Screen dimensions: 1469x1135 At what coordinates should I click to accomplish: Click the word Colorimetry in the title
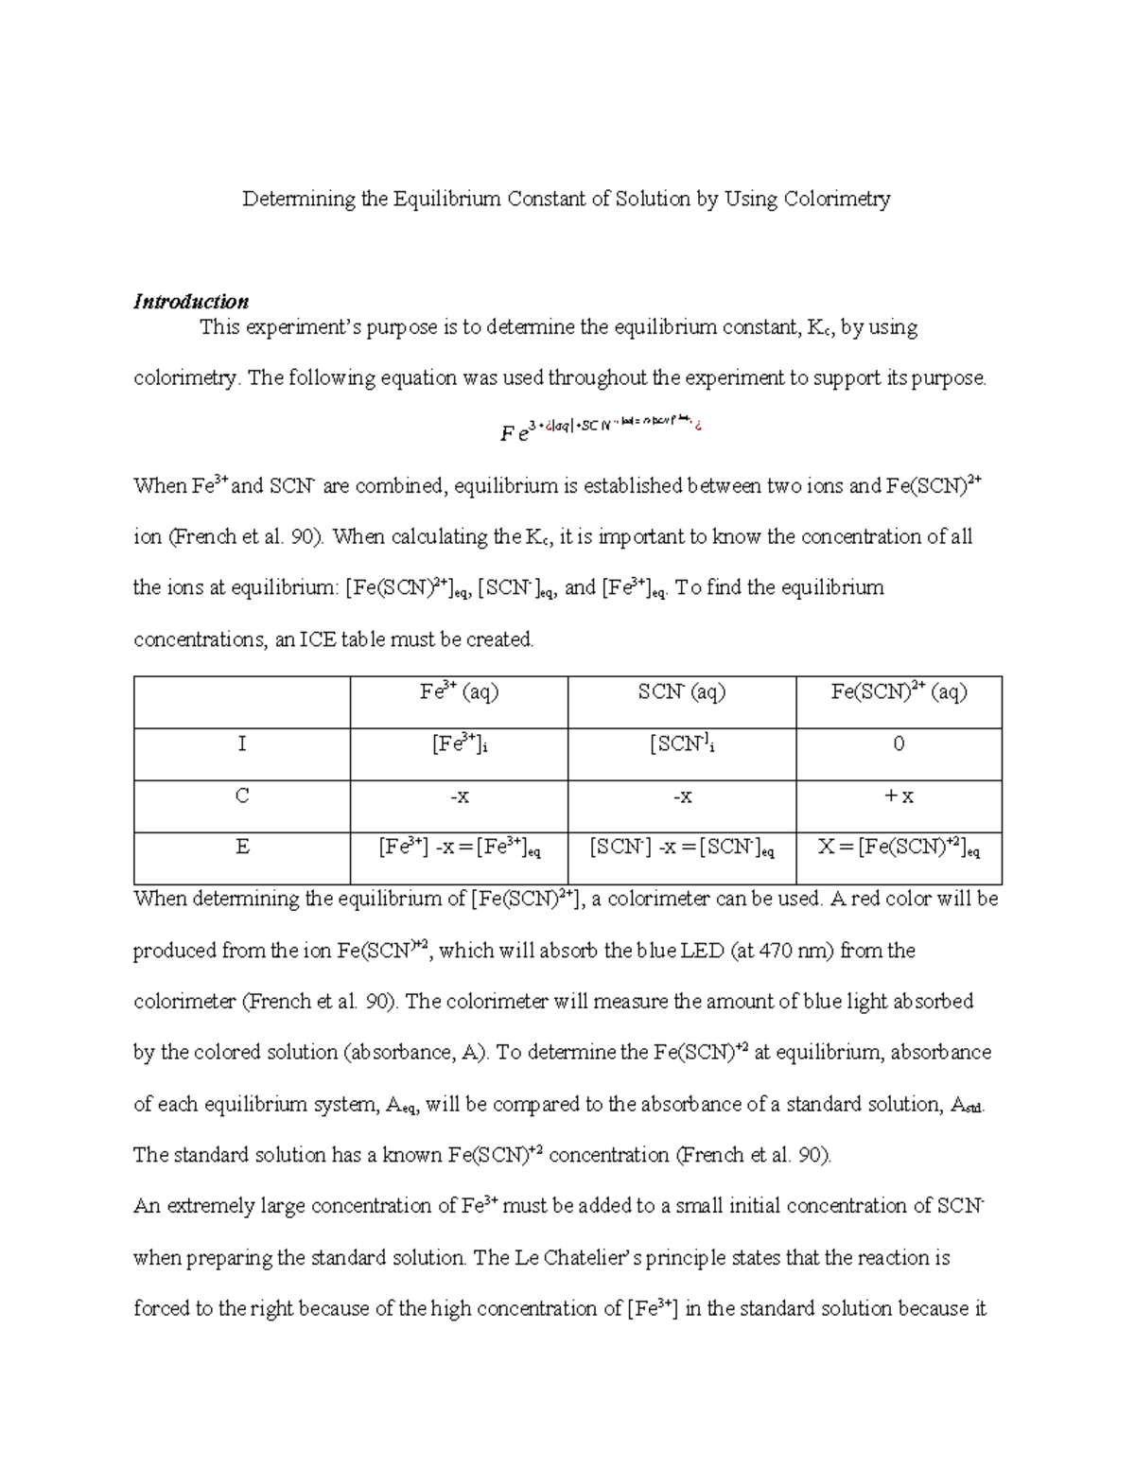tap(837, 200)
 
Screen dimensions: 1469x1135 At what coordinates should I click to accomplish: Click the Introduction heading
tap(191, 302)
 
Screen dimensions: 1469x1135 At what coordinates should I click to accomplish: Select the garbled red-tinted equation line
tap(602, 430)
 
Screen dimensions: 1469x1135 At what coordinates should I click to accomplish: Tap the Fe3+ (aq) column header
tap(459, 692)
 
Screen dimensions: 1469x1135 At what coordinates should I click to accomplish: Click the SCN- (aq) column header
tap(681, 692)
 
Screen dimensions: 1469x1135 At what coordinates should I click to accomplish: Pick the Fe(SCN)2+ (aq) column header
tap(899, 692)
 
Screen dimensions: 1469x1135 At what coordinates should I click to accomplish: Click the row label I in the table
tap(242, 744)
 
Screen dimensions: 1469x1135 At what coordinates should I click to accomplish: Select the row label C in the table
tap(242, 796)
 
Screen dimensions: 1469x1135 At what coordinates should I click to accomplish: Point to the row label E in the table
tap(242, 848)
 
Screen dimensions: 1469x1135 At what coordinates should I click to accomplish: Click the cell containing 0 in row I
tap(899, 744)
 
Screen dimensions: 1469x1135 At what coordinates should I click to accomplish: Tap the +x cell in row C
tap(899, 796)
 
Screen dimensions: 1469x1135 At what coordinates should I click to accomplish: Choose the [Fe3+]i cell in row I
tap(459, 745)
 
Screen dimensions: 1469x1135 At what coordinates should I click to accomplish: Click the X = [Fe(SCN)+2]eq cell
tap(899, 848)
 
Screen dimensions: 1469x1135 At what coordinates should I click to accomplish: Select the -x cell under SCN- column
tap(682, 796)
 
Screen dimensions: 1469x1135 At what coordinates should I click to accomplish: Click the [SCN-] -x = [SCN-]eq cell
tap(682, 848)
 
